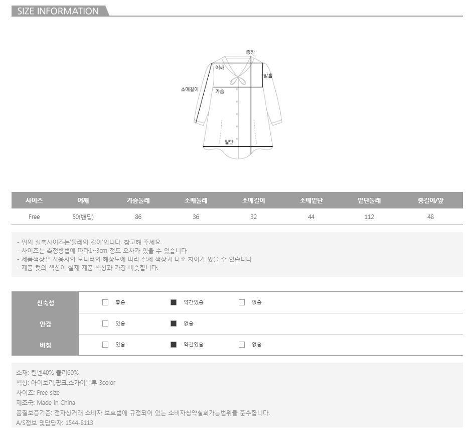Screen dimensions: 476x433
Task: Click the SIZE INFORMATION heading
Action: [58, 11]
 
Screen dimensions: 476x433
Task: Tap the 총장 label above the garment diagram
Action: [250, 52]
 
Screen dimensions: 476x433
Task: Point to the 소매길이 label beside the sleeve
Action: [190, 89]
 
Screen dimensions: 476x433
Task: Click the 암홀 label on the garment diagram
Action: [268, 76]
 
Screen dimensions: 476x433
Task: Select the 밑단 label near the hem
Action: [229, 142]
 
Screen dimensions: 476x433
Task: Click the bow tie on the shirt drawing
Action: [238, 80]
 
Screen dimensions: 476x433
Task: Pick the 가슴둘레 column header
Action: [138, 200]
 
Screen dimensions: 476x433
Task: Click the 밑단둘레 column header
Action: [369, 200]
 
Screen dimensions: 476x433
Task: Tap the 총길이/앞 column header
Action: [430, 200]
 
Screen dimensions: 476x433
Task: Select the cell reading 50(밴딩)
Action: [83, 217]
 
